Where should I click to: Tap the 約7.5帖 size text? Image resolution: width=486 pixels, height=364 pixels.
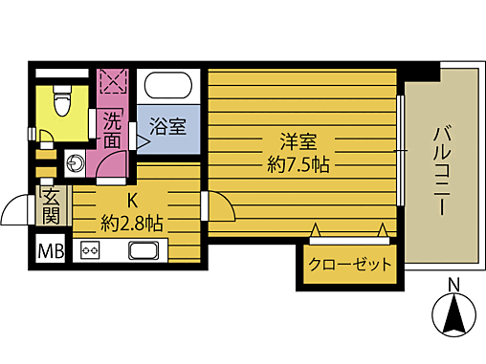(x=299, y=165)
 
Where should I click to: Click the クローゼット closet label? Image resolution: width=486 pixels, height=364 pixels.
(x=350, y=265)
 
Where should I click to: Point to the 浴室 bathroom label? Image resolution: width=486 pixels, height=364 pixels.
(x=167, y=125)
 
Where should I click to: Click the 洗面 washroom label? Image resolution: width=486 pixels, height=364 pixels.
(x=113, y=131)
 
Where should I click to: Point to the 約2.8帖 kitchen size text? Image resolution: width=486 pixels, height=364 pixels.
(x=132, y=223)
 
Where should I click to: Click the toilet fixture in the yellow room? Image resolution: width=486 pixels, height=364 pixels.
(x=63, y=100)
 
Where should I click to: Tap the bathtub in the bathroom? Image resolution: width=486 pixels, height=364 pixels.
(x=172, y=85)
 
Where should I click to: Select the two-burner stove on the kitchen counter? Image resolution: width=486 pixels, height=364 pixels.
(x=92, y=251)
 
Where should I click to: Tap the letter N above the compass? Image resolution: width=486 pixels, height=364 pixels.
(x=454, y=284)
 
